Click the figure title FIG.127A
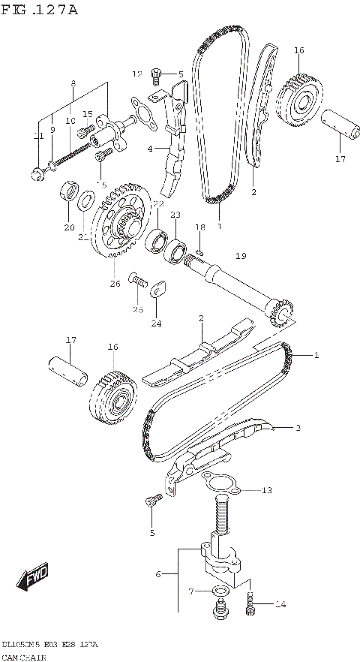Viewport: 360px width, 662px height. (x=39, y=10)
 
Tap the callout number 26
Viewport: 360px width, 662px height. (x=115, y=284)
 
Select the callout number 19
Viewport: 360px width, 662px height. (x=240, y=256)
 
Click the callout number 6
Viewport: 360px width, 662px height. (x=157, y=574)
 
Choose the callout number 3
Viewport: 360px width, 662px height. (x=298, y=428)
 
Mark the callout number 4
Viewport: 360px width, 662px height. (x=149, y=149)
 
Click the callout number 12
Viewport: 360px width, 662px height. (x=137, y=74)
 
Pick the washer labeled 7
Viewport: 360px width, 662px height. (x=219, y=592)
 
